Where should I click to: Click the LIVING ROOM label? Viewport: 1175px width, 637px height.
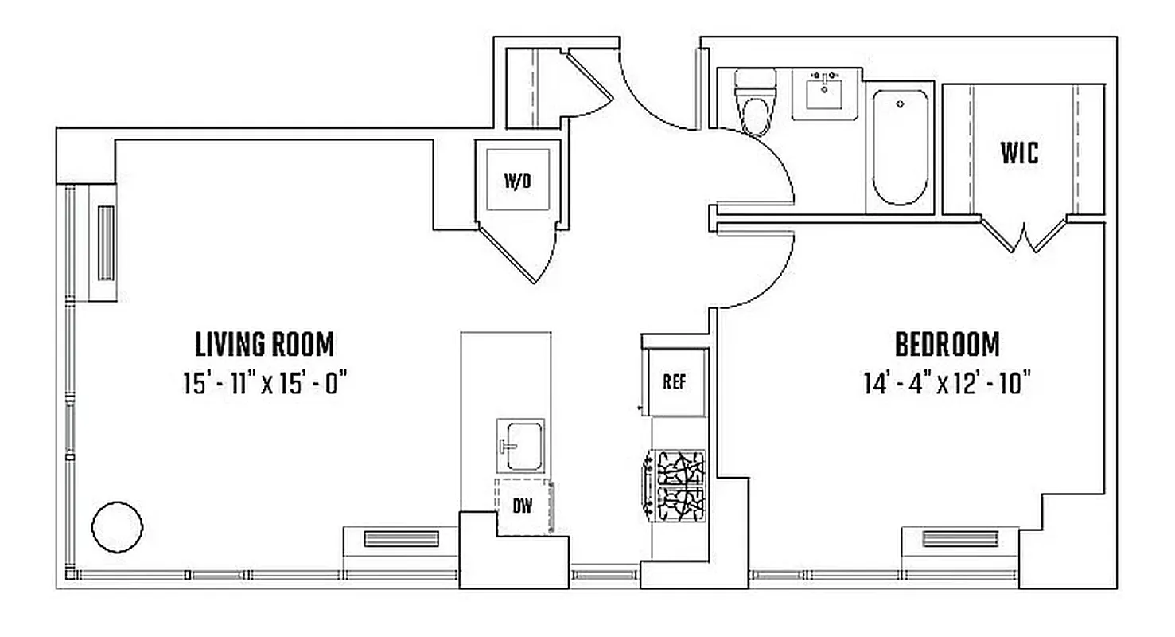tap(264, 345)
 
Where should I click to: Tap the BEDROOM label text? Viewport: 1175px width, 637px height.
tap(947, 345)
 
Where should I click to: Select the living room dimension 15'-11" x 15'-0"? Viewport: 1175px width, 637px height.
tap(266, 385)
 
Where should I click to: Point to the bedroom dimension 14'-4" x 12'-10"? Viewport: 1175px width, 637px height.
tap(947, 385)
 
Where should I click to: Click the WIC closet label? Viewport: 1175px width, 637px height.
tap(1019, 153)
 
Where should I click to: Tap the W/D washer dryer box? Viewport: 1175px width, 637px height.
tap(517, 181)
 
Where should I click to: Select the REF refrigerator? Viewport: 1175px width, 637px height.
tap(674, 381)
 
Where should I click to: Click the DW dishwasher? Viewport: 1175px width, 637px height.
tap(523, 505)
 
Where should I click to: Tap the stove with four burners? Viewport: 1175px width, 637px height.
tap(677, 486)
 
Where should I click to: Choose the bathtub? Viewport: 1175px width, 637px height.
tap(900, 147)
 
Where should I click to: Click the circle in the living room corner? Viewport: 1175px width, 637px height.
tap(118, 526)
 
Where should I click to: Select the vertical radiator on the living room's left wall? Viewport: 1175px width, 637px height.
tap(105, 243)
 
